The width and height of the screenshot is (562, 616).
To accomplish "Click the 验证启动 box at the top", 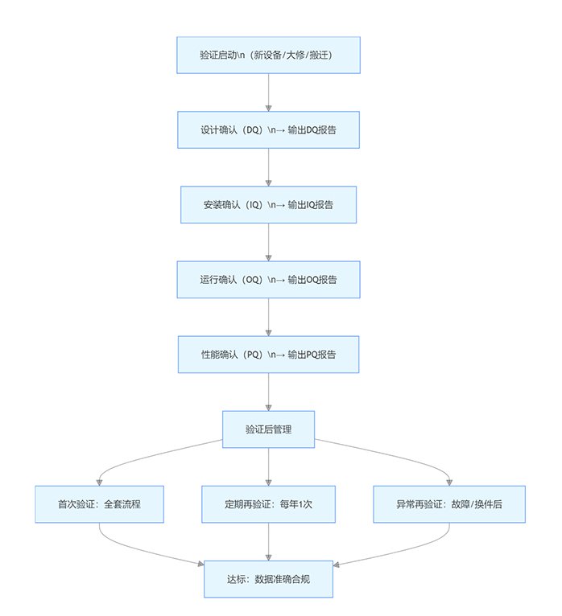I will coord(268,55).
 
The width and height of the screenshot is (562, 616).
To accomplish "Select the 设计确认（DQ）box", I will coord(268,130).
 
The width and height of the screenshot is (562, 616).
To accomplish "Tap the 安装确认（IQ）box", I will coord(268,205).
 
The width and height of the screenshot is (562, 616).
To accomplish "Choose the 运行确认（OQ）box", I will coord(268,280).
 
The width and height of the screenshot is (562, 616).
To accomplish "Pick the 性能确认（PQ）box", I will coord(268,355).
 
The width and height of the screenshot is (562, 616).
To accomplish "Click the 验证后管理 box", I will coord(268,429).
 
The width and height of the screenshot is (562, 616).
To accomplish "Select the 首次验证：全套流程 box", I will coord(98,504).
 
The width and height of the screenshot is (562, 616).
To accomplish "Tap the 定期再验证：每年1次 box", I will coord(268,504).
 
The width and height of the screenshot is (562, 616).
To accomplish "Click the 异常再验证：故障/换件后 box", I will coord(449,504).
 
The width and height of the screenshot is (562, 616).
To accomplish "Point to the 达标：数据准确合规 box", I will coord(268,579).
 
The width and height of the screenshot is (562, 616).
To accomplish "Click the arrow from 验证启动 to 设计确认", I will coord(268,92).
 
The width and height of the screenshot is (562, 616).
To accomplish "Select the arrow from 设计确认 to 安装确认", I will coord(268,167).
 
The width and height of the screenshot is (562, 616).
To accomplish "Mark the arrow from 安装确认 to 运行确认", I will coord(268,242).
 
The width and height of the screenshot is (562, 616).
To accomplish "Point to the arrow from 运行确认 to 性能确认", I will coord(268,317).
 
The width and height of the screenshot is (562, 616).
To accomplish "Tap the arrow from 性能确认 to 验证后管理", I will coord(268,392).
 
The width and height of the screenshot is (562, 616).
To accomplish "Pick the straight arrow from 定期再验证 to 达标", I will coord(268,541).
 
